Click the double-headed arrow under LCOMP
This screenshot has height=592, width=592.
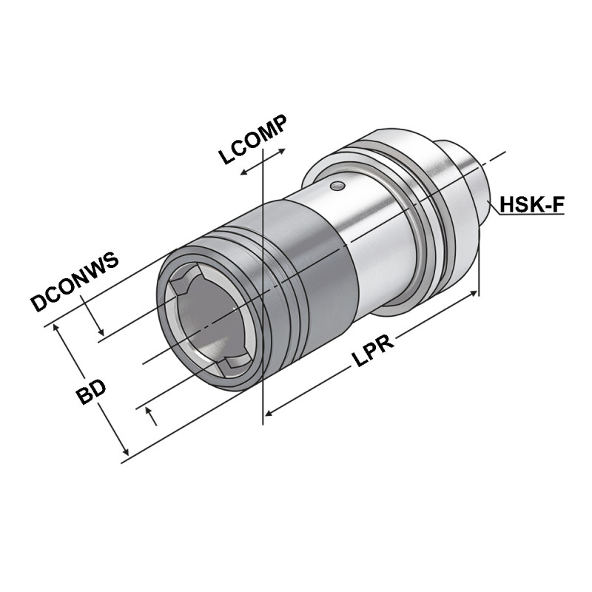(263, 161)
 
